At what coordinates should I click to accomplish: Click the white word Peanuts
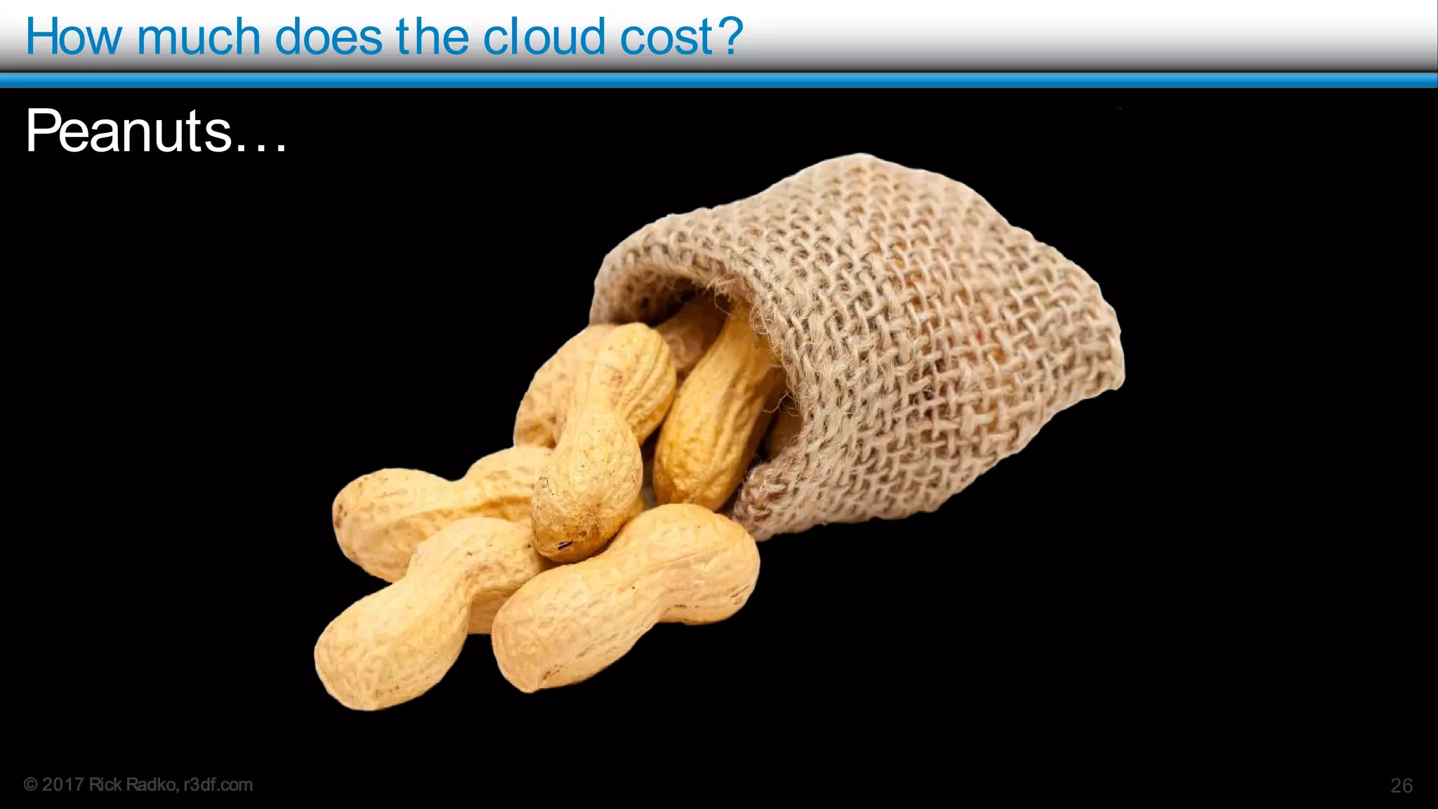tap(128, 131)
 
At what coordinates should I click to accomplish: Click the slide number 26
tap(1401, 785)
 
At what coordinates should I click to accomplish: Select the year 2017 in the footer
tap(63, 784)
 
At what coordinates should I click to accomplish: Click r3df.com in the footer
tap(218, 784)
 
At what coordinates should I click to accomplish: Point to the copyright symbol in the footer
tap(31, 784)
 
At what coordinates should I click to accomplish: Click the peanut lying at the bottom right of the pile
tap(625, 597)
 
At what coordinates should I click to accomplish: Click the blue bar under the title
tap(719, 81)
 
